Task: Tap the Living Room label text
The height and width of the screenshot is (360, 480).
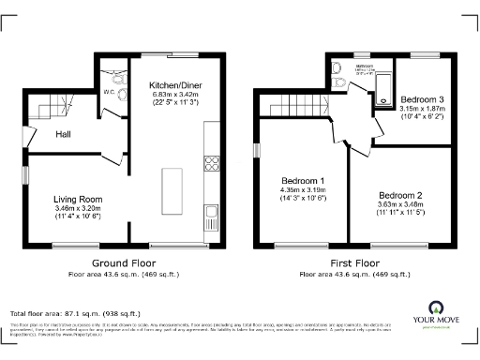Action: tap(77, 199)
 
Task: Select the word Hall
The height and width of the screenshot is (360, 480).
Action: tap(64, 135)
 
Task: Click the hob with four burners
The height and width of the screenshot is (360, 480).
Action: tap(212, 162)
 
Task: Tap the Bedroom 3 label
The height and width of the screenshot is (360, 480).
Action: tap(421, 98)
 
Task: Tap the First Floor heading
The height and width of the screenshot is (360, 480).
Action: tap(353, 263)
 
